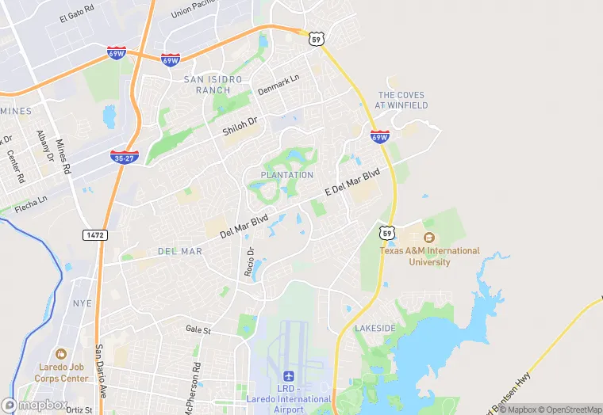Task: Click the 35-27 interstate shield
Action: [125, 157]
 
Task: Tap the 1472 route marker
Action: [94, 235]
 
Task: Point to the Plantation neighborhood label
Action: [287, 174]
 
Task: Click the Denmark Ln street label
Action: [278, 86]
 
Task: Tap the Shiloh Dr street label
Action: [240, 127]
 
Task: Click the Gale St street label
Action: [198, 329]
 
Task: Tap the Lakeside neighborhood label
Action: [374, 328]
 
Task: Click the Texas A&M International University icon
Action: [429, 238]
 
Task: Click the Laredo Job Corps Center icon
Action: [61, 354]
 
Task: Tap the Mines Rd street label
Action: [63, 157]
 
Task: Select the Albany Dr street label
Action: [44, 147]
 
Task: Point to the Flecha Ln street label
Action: [32, 202]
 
